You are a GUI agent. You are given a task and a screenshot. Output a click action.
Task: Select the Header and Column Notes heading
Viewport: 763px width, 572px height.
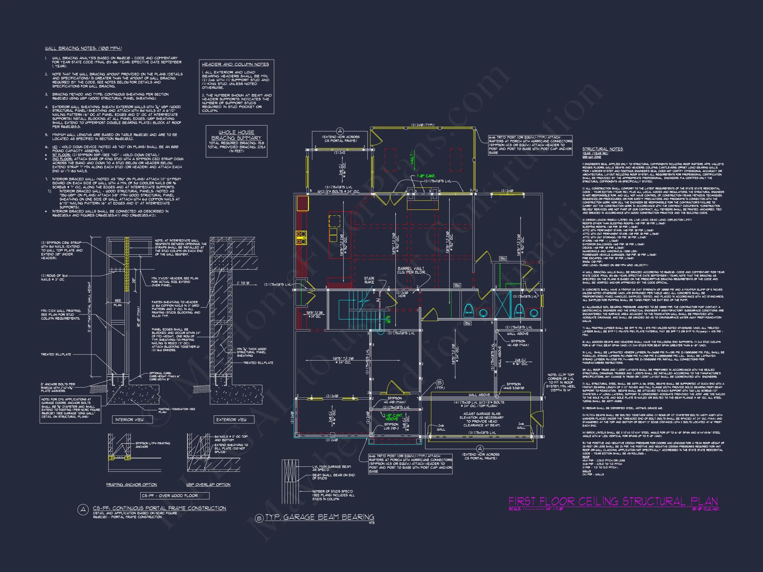235,64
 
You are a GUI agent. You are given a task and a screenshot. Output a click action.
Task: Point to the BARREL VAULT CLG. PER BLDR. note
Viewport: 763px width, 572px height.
411,270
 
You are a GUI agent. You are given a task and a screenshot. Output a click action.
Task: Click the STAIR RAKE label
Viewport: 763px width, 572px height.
369,280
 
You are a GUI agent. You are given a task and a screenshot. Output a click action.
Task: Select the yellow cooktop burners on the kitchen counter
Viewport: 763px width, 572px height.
301,238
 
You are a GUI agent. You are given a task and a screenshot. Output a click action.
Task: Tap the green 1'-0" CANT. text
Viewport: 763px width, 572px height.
426,176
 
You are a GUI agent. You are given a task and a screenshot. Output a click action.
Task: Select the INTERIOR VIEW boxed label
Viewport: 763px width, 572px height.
129,420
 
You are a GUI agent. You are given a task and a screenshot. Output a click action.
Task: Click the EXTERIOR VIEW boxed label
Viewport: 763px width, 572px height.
231,420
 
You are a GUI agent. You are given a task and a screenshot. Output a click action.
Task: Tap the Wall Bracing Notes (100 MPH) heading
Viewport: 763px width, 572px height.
83,48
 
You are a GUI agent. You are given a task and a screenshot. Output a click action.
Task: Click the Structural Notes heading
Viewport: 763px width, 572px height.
603,149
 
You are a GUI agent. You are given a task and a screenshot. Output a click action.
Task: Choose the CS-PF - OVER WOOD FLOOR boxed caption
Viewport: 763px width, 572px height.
169,496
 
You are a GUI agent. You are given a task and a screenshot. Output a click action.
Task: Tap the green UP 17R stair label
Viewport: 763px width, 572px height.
388,319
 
